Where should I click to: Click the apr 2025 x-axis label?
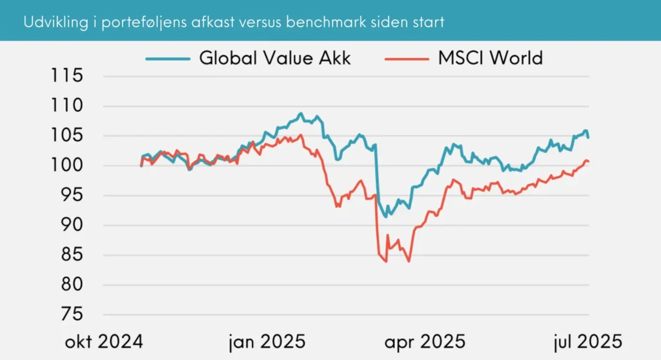(x=425, y=341)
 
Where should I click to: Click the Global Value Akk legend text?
(x=274, y=58)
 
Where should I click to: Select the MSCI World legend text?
(x=491, y=58)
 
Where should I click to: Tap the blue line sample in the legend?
(x=168, y=58)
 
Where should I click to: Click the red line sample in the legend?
(x=407, y=58)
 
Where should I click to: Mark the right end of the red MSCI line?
(x=589, y=161)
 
